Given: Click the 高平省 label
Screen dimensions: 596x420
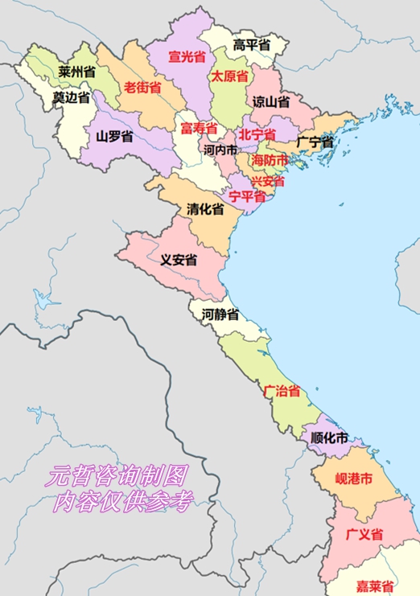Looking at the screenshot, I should pyautogui.click(x=250, y=44).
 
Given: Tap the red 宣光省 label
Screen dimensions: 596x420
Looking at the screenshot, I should pyautogui.click(x=186, y=56).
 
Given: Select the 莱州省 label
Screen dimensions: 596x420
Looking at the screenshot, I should pyautogui.click(x=76, y=72).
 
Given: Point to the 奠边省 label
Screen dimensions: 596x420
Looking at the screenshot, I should pyautogui.click(x=71, y=97).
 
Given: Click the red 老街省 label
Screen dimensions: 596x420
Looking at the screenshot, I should pyautogui.click(x=142, y=87).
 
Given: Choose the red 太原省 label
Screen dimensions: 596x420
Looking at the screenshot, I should pyautogui.click(x=229, y=76).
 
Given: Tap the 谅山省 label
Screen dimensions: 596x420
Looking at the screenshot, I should pyautogui.click(x=271, y=101).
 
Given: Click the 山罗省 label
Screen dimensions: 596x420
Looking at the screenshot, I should pyautogui.click(x=114, y=136).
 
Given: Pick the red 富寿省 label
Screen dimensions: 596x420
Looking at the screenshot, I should pyautogui.click(x=198, y=129).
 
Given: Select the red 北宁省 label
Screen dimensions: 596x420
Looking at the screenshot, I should pyautogui.click(x=257, y=135).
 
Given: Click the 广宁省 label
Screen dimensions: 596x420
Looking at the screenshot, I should pyautogui.click(x=314, y=142).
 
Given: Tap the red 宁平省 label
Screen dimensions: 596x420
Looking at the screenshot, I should pyautogui.click(x=247, y=195).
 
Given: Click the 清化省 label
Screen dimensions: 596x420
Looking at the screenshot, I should pyautogui.click(x=205, y=208).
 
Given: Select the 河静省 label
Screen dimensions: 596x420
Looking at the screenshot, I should pyautogui.click(x=220, y=314).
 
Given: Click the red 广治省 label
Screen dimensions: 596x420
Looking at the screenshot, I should pyautogui.click(x=282, y=392).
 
